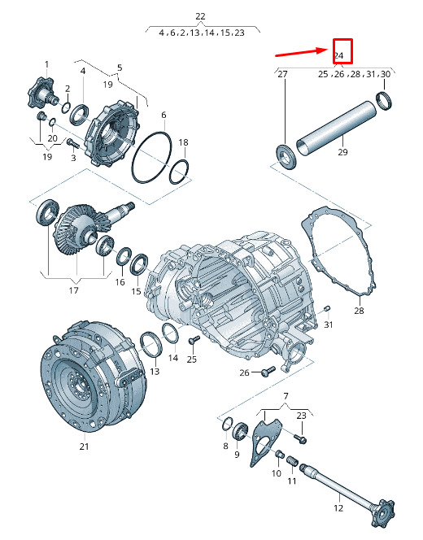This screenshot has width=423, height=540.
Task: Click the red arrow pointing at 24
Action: (301, 52)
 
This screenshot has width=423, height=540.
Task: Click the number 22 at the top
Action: (200, 16)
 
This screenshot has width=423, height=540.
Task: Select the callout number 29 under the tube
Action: (342, 152)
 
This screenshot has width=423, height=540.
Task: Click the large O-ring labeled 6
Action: (133, 157)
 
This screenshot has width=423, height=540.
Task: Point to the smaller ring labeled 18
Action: (171, 172)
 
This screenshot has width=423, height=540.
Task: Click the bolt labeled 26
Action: (268, 371)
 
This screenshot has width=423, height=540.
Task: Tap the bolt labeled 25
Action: (194, 340)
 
